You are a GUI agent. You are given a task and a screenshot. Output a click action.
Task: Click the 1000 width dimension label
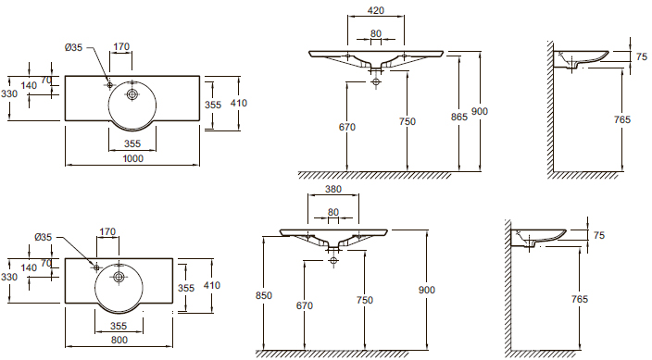133,158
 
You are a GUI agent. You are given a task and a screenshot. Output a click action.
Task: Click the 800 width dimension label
119,340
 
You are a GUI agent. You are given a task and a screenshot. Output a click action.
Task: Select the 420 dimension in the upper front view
376,10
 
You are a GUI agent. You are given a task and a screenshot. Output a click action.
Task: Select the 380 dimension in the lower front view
333,189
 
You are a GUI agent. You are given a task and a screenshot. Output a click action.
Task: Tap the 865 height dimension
459,117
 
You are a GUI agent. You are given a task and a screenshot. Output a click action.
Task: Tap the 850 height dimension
264,295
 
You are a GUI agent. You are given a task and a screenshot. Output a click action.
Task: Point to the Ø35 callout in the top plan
73,47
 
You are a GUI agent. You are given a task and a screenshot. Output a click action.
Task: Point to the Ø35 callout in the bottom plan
44,237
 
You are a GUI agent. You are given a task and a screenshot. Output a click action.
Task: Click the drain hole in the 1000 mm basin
132,94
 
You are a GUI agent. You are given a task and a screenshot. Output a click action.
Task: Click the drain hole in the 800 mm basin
119,277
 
